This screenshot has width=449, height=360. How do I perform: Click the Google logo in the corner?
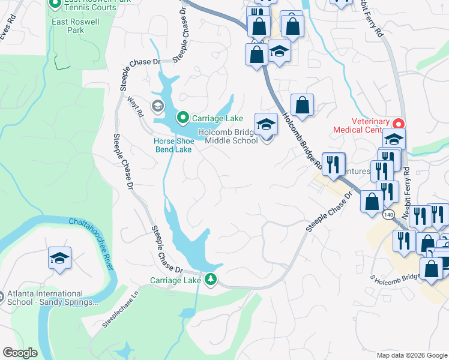(20, 353)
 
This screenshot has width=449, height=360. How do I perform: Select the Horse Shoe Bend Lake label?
(173, 145)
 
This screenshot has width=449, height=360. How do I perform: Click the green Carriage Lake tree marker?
(211, 279)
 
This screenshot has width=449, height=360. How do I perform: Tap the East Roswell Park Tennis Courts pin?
(55, 3)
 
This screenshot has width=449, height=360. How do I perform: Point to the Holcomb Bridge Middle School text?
(231, 136)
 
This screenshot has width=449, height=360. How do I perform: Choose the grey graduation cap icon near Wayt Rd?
(157, 107)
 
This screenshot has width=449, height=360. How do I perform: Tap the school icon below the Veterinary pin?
(394, 139)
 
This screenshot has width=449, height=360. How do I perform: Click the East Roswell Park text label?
(68, 25)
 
